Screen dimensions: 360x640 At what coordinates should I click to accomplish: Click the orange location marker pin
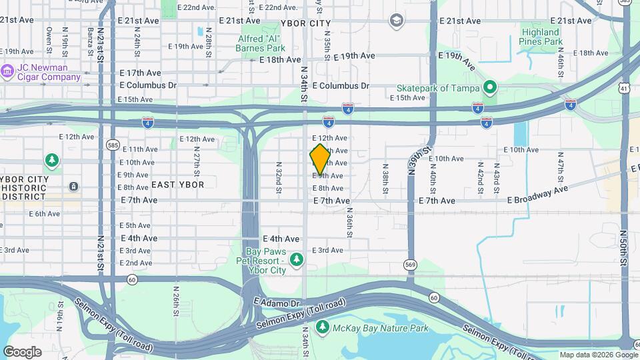coord(320,159)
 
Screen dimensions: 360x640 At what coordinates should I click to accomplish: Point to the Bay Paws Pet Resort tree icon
coord(297,258)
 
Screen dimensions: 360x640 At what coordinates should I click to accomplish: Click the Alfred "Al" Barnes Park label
coord(261,43)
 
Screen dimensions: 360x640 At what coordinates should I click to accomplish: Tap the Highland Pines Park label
coord(540,37)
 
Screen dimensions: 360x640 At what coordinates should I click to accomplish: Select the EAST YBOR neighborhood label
coord(177,184)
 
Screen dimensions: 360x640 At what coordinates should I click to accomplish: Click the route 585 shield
coord(111,143)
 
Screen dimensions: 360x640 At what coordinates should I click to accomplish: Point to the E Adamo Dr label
coord(277,302)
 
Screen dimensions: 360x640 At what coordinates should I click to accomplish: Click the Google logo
coord(23,351)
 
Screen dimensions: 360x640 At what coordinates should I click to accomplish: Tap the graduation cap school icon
coord(397,21)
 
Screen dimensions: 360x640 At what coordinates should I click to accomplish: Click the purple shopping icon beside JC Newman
coord(7,70)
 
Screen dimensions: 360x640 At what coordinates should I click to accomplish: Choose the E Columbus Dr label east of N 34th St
coord(340,86)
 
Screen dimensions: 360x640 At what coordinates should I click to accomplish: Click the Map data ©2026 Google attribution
coord(598,355)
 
